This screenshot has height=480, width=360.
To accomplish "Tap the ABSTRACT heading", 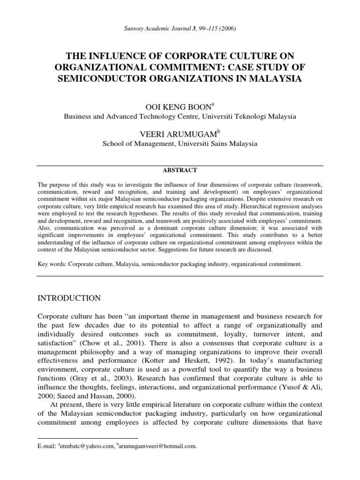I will point(180,170).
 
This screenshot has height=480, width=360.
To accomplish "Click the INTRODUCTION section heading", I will point(69,298).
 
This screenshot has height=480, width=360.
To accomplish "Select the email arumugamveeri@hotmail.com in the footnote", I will point(159,447).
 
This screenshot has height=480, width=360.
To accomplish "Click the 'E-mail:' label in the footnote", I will point(47,447).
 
